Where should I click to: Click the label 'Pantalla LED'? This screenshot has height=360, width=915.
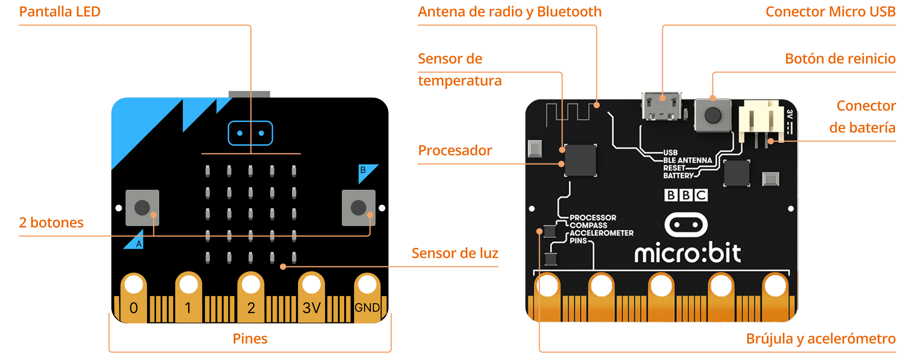[x=60, y=12]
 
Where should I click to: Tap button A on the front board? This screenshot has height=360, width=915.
[x=142, y=208]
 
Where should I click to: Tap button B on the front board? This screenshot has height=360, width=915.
[x=358, y=208]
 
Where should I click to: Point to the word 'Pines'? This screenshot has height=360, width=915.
[x=250, y=338]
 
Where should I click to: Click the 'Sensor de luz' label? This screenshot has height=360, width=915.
[x=455, y=253]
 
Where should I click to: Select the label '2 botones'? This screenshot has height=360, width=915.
[x=51, y=223]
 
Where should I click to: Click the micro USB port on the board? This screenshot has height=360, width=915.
[x=662, y=107]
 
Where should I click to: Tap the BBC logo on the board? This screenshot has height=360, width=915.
[x=686, y=195]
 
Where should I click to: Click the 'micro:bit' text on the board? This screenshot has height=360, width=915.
[x=688, y=253]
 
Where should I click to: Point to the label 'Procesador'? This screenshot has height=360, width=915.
[x=455, y=151]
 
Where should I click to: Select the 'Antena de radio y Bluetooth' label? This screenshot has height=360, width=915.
[x=510, y=12]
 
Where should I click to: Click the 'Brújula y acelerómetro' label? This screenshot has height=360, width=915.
[x=821, y=338]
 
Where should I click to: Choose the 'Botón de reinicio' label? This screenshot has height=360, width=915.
[x=840, y=59]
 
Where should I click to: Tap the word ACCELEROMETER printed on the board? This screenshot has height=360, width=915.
[x=601, y=233]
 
